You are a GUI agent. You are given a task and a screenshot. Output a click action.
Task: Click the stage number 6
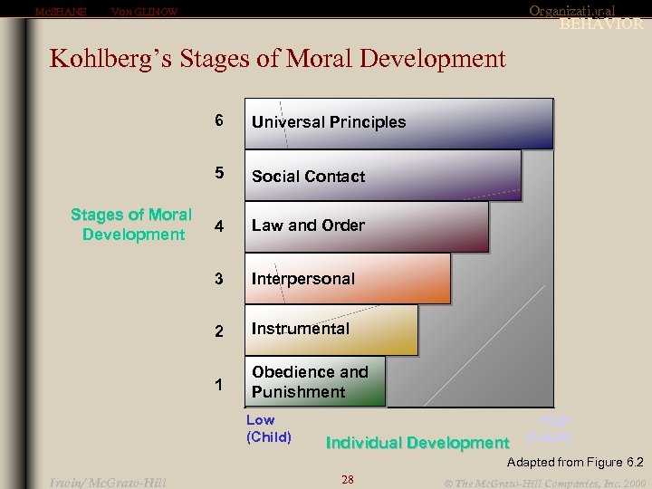click(x=218, y=120)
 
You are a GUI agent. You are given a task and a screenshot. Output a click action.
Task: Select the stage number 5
click(x=218, y=175)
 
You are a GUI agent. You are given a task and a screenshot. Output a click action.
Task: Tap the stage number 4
click(x=216, y=226)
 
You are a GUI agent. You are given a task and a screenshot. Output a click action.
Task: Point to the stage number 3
click(x=218, y=279)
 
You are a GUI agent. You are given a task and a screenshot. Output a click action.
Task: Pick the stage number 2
click(x=218, y=331)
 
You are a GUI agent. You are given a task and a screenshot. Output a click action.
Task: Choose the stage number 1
click(x=218, y=384)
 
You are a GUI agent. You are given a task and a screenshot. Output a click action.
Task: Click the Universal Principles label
click(x=329, y=122)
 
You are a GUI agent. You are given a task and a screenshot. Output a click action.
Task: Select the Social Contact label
click(x=308, y=177)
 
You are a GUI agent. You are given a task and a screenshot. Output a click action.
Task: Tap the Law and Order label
click(x=308, y=225)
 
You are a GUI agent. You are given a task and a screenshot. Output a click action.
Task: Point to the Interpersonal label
click(x=303, y=279)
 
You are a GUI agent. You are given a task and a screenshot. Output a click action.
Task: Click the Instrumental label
click(x=300, y=329)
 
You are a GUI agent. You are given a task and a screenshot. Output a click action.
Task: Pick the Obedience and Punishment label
click(x=310, y=382)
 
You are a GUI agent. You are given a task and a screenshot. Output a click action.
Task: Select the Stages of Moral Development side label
click(x=131, y=225)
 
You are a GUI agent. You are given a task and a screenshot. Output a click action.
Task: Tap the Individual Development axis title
click(x=417, y=443)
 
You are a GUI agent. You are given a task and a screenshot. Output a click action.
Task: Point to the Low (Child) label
click(x=268, y=428)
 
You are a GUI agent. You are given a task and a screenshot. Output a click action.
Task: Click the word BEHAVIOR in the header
click(x=600, y=24)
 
